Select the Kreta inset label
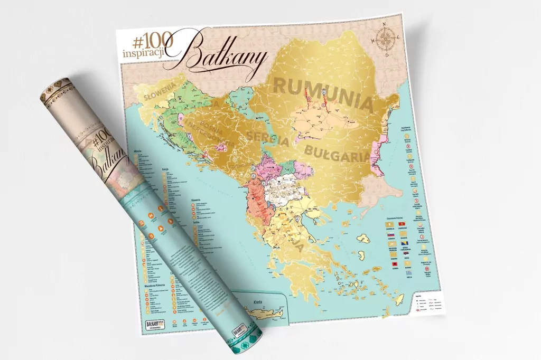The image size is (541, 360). point(258,302)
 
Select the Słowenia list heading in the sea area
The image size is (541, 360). point(199,201)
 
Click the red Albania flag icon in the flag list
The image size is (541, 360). point(395,262)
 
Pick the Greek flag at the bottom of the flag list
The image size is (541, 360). point(395,280)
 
